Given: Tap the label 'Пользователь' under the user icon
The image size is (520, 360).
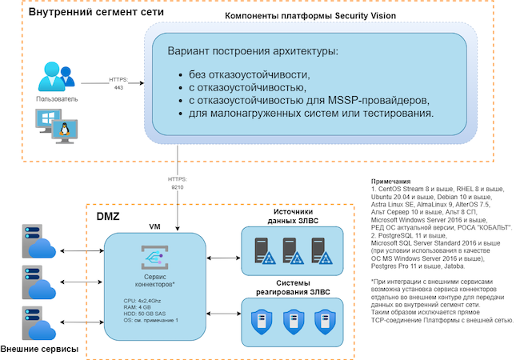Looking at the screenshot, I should click(57, 99).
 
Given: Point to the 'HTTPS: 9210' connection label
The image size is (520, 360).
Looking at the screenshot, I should click(178, 182).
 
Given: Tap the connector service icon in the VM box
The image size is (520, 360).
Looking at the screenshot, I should click(153, 257).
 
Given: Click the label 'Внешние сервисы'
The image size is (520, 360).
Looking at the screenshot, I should click(41, 350).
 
